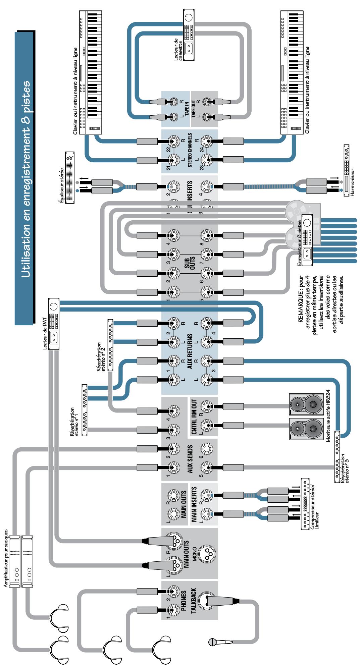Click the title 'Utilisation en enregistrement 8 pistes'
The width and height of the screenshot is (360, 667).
[x=25, y=178]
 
